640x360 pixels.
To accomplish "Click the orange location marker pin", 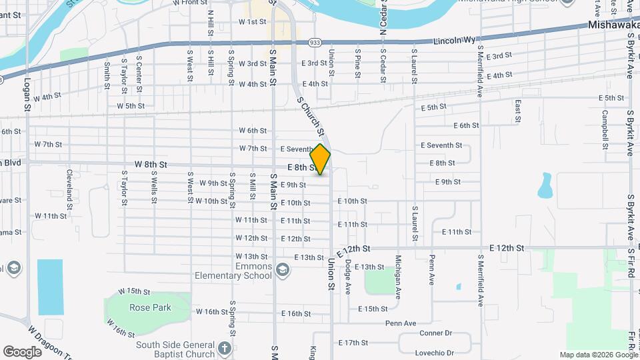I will coord(321,159).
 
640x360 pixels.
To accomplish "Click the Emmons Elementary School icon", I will coord(282,269).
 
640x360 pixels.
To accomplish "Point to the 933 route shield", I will coord(315,42).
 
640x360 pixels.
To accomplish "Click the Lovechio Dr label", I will coord(437,353).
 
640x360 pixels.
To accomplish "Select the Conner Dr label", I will coord(435,333).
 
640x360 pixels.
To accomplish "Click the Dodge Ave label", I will coord(348,277).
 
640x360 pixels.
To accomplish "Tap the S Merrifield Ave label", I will coord(480,279).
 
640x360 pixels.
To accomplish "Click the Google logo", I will coord(22,351).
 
